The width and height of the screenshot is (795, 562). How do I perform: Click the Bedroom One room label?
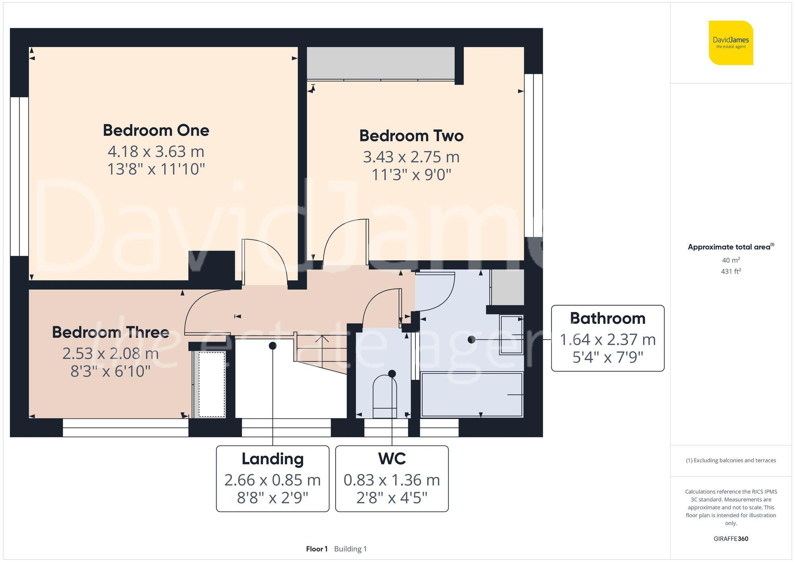tap(156, 130)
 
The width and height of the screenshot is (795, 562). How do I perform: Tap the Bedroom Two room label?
tap(411, 136)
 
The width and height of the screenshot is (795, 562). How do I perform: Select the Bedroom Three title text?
tap(111, 332)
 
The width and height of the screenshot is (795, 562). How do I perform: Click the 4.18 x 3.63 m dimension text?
tap(156, 151)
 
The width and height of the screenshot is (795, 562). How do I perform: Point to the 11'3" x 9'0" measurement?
tap(411, 174)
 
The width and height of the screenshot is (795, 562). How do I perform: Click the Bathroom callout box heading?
tap(607, 319)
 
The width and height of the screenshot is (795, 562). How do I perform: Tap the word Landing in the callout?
tap(273, 459)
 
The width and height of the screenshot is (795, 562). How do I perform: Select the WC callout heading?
tap(392, 459)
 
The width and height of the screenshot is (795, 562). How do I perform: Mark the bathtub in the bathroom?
tap(471, 394)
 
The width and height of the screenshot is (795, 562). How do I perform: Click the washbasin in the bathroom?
tap(511, 335)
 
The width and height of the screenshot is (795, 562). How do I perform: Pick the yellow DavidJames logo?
tap(731, 43)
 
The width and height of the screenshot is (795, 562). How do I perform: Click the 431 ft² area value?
tap(731, 272)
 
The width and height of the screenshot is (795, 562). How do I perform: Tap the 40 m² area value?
tap(731, 260)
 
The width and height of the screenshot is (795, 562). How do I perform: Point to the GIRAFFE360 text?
tap(731, 539)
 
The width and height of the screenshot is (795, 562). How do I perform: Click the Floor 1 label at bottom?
tap(316, 549)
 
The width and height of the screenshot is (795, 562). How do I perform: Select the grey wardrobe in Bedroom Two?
tap(381, 63)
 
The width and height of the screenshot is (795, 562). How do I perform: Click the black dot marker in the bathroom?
tap(471, 340)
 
